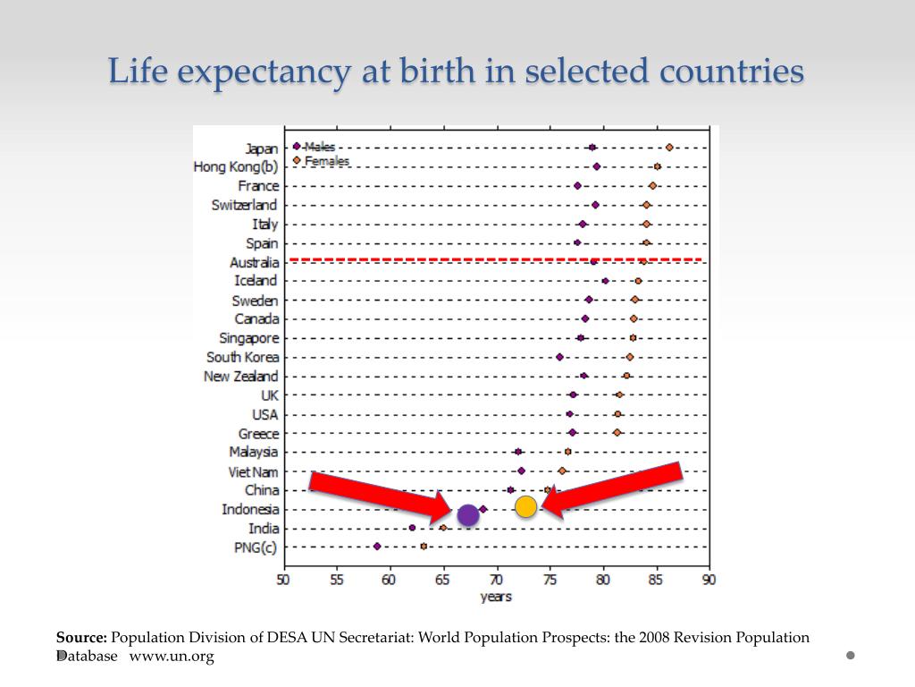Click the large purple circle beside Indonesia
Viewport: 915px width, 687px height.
[x=467, y=515]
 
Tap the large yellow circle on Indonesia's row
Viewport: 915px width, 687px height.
[x=525, y=507]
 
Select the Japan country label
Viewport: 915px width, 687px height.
[x=261, y=148]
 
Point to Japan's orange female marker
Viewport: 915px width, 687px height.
[x=669, y=148]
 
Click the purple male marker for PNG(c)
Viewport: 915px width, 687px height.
[x=377, y=546]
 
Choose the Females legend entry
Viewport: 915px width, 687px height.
[x=326, y=161]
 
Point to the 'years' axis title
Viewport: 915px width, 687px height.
[x=496, y=597]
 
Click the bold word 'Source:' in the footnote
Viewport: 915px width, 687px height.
[x=81, y=638]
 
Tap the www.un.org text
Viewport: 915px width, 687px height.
[x=172, y=657]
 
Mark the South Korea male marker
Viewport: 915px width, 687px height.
[x=559, y=357]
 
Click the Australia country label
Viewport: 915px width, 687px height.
[x=254, y=262]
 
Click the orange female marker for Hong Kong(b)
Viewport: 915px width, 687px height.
[x=657, y=166]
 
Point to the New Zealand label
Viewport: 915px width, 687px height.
[x=240, y=377]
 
